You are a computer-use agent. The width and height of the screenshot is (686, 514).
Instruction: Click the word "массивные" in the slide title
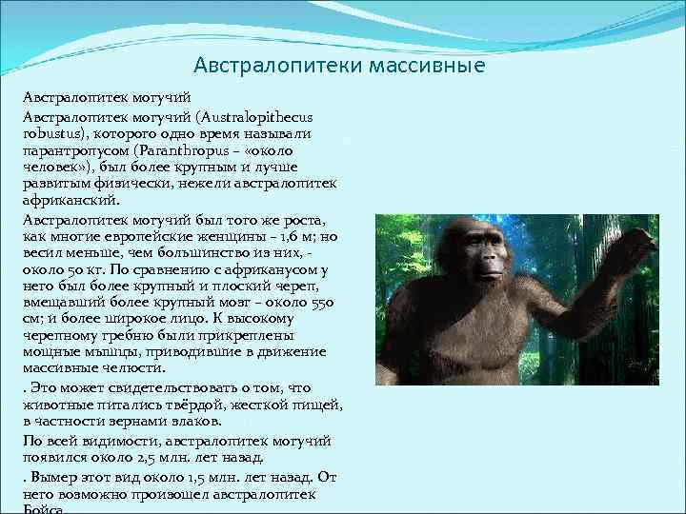pos(434,66)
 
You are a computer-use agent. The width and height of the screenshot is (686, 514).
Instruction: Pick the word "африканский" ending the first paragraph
pos(69,201)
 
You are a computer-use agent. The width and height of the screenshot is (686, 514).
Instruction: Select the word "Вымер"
pos(52,476)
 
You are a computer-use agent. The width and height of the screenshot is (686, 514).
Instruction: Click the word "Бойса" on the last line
pos(44,509)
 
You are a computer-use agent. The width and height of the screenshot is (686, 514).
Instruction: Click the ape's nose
pos(489,261)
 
